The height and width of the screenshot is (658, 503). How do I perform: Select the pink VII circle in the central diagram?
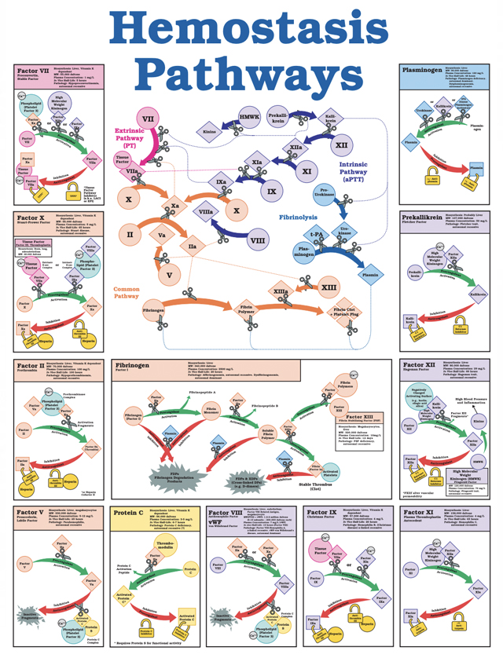click(147, 119)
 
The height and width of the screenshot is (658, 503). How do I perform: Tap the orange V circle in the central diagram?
click(168, 276)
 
